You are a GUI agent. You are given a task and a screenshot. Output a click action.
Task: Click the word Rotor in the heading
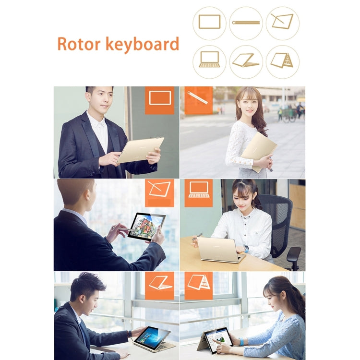coord(78,44)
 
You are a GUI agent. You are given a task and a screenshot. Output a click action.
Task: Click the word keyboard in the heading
coord(142,45)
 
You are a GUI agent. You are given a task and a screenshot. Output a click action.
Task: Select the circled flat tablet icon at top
coord(209,23)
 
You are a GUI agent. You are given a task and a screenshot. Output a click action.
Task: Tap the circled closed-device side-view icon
coord(246,23)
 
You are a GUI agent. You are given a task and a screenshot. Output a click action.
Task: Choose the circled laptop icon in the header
coord(209,61)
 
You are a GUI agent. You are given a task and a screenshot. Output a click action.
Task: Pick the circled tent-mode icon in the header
coord(282,61)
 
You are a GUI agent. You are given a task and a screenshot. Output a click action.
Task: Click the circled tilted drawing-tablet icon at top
coord(282,23)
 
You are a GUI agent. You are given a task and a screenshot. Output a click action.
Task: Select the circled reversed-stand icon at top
coord(246,61)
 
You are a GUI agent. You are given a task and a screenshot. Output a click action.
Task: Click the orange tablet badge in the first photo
coord(159,99)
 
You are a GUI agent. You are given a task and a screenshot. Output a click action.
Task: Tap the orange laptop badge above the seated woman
coord(198,192)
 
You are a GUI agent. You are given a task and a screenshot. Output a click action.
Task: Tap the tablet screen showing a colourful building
coord(146,227)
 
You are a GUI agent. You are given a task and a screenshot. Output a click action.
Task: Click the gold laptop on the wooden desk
coord(219,250)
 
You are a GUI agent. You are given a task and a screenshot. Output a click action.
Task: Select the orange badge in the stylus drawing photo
coord(159,192)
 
